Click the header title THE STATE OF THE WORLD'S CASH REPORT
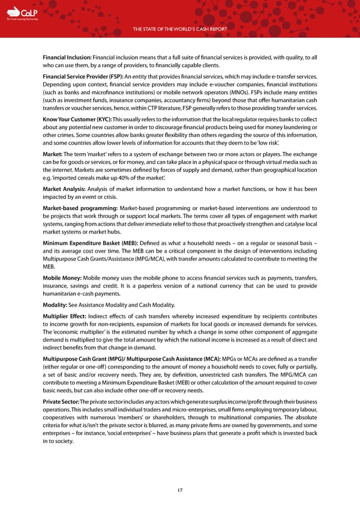point(180,30)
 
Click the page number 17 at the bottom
point(180,490)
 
